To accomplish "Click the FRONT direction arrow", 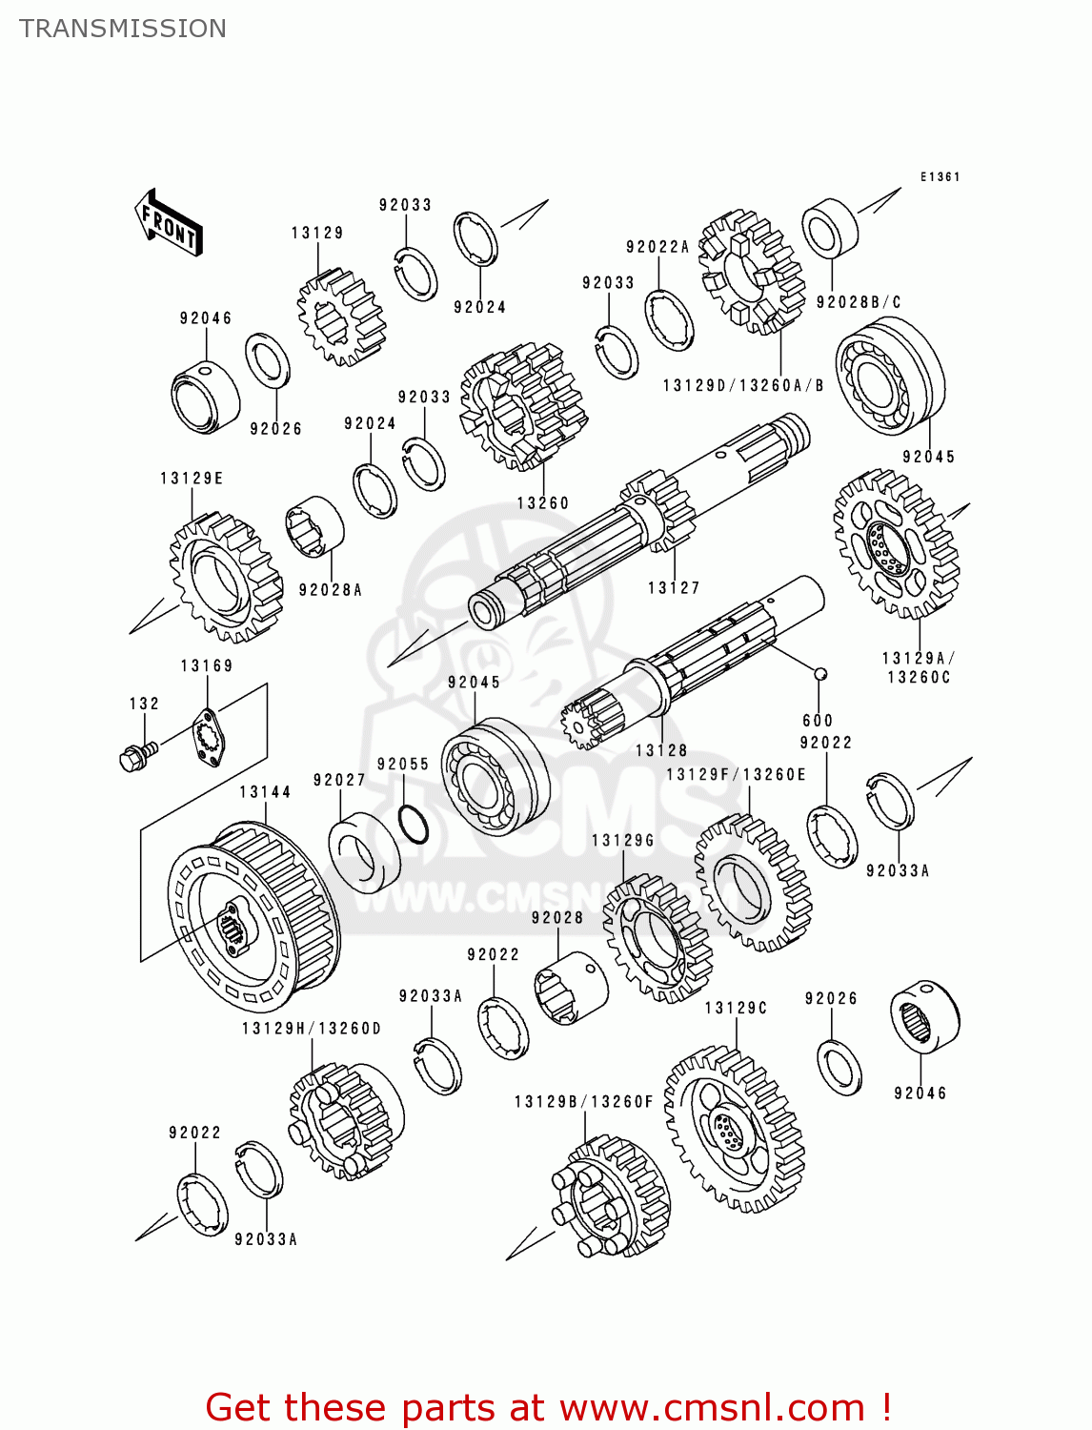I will point(169,223).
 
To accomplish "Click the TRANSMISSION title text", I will point(123,29).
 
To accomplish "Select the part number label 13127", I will point(674,588).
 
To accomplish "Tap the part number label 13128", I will point(661,750).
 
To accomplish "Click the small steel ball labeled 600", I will point(819,674).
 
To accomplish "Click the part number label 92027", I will point(339,780).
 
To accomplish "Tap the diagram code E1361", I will point(940,176).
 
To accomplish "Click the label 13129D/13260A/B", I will point(742,385).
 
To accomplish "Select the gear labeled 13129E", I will point(226,577).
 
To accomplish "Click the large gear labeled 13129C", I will point(735,1130).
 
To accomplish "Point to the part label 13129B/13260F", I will point(583,1102).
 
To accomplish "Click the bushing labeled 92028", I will point(570,988).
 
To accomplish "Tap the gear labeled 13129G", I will point(657,939).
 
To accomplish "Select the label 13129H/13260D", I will point(311,1029).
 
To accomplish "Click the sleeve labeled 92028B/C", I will point(830,229).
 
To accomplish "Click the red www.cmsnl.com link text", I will point(711,1407).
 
